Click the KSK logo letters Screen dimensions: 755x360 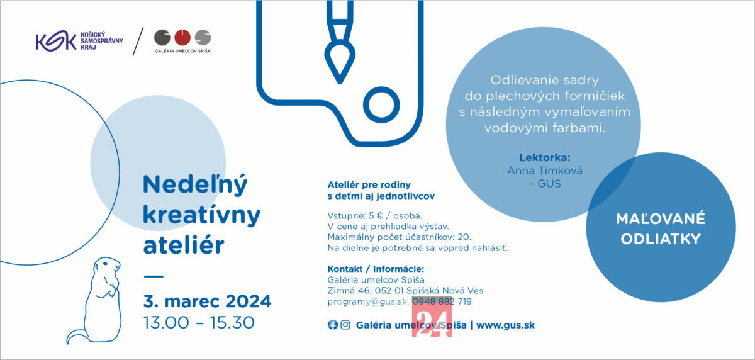tap(55, 41)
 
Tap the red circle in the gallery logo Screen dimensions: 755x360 tap(182, 37)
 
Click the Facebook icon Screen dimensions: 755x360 tap(333, 325)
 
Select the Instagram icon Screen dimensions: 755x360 tap(345, 325)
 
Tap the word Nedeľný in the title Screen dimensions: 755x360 tap(195, 185)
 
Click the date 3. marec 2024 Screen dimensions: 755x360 tap(207, 301)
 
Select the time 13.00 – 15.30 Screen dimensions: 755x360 tap(199, 323)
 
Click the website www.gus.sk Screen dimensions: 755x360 tap(505, 325)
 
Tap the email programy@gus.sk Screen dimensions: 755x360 tap(367, 301)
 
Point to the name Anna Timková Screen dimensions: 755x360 tap(545, 171)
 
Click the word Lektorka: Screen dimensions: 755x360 tap(545, 157)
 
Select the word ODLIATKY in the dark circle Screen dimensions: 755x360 tap(661, 239)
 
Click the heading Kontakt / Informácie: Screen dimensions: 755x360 tap(376, 269)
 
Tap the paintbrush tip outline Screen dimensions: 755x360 tap(340, 62)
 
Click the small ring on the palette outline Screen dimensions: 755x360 tap(381, 105)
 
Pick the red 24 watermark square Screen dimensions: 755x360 tap(432, 317)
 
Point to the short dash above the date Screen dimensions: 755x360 tap(154, 276)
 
